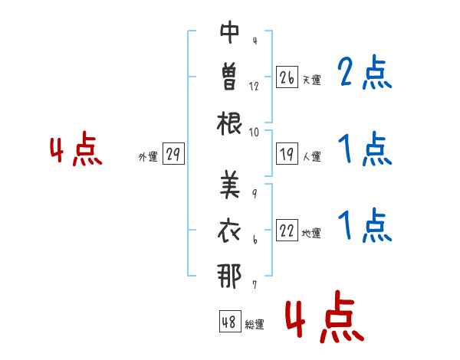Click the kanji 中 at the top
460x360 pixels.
(230, 32)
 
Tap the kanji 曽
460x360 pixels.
(230, 77)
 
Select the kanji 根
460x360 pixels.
(229, 123)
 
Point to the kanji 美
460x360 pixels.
(230, 184)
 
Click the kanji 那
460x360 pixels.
(229, 276)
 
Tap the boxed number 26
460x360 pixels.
(287, 77)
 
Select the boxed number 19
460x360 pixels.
(287, 154)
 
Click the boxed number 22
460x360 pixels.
(287, 230)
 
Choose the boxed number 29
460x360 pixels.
(173, 154)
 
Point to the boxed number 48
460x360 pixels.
(230, 321)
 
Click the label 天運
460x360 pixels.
(312, 80)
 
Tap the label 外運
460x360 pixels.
(148, 156)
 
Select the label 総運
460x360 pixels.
(255, 324)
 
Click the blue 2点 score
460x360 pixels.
(365, 72)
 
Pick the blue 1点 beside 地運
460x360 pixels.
(365, 225)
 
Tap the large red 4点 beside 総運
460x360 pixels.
(325, 316)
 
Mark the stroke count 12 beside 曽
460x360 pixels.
(254, 87)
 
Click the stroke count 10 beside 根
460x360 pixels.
(254, 133)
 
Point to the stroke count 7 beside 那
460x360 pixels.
(255, 284)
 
